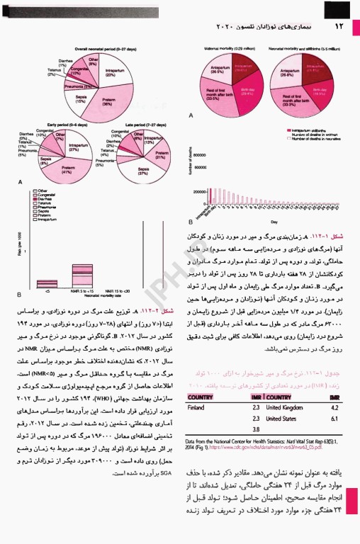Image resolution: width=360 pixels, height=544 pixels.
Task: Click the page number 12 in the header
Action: [x=338, y=27]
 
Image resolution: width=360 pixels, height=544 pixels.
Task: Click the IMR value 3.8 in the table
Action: [x=257, y=429]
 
